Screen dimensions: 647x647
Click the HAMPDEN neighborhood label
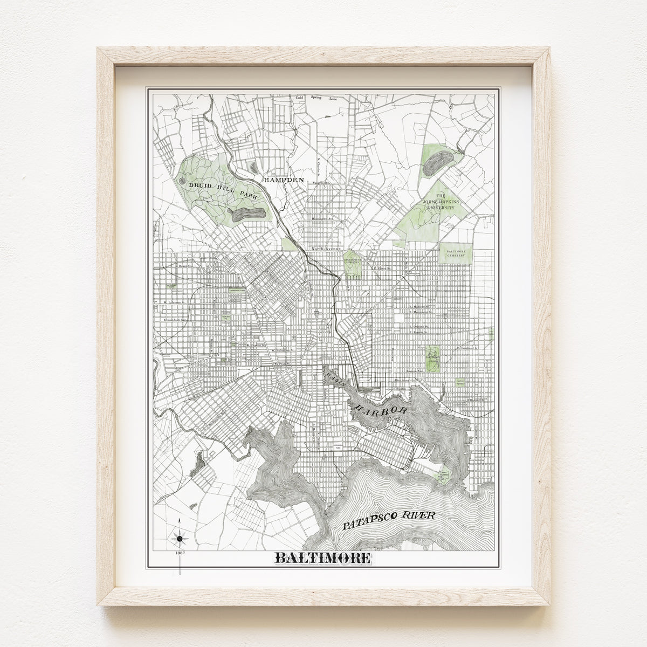(280, 179)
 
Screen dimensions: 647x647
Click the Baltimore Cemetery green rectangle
(456, 253)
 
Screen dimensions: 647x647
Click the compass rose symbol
(180, 538)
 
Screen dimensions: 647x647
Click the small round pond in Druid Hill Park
(182, 182)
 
